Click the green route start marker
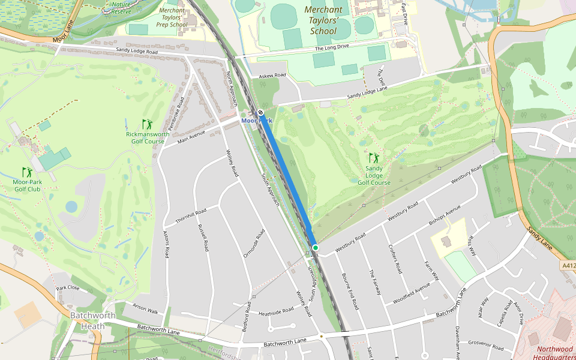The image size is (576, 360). tap(315, 247)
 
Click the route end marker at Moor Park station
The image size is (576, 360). tap(260, 113)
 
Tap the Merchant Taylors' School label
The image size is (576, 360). tap(323, 20)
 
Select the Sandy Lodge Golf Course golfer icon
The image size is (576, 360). tap(374, 158)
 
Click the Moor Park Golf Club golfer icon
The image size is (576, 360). tap(26, 172)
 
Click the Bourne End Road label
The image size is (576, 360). tap(349, 290)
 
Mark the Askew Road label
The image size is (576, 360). tap(273, 76)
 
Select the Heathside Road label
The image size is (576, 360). tap(276, 311)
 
